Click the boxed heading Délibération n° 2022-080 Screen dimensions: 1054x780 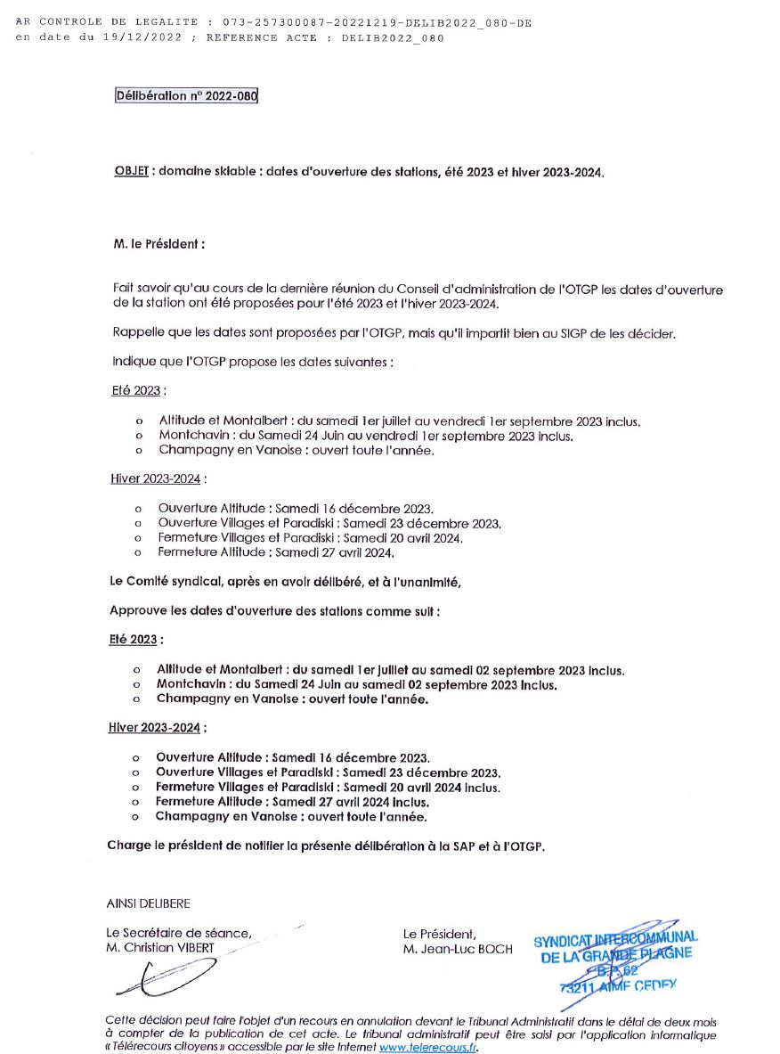click(x=186, y=96)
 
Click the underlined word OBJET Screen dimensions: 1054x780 click(x=131, y=172)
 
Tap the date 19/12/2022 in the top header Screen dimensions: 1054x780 click(x=142, y=38)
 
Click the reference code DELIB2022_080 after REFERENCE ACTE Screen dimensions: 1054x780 click(x=393, y=38)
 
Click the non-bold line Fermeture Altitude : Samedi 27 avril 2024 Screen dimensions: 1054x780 click(x=275, y=552)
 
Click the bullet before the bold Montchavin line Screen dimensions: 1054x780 click(x=136, y=685)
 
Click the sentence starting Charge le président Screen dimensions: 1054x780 click(x=325, y=845)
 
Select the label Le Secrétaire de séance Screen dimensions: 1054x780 click(x=178, y=934)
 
